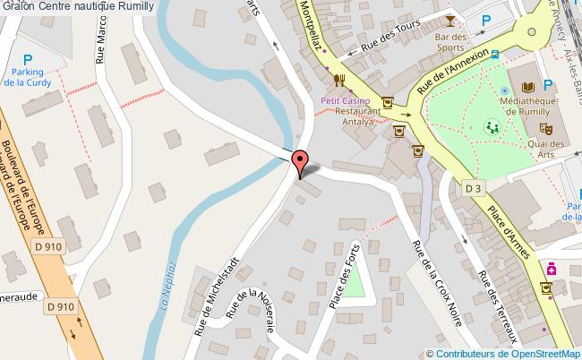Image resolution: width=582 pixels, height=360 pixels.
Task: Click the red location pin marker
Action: coord(301,161)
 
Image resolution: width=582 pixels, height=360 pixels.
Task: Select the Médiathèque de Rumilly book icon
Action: coord(527,88)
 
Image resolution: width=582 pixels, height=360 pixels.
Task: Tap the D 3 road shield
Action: coord(474,188)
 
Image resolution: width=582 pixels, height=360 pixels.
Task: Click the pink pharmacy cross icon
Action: coord(552,268)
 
